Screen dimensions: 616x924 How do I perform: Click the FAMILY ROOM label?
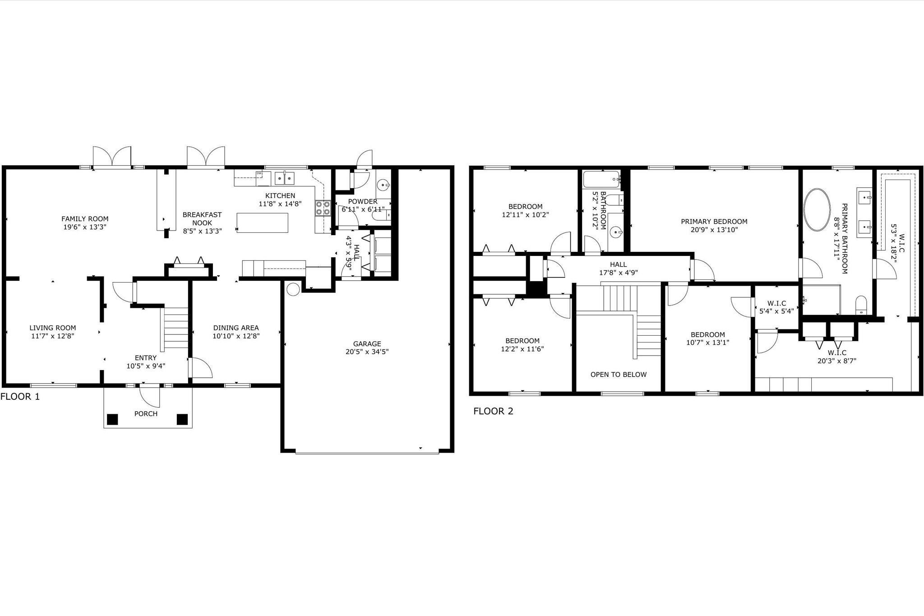click(85, 219)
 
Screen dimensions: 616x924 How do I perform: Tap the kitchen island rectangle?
click(262, 222)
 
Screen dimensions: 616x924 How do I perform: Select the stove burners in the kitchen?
click(323, 208)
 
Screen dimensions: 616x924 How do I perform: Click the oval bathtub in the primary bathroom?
click(817, 210)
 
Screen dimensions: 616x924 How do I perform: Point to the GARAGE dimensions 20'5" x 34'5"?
click(367, 352)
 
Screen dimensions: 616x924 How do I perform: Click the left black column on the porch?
click(112, 419)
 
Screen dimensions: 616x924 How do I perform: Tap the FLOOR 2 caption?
click(493, 411)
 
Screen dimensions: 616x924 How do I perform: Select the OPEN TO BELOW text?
click(618, 375)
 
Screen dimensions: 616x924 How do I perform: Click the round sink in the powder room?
click(383, 185)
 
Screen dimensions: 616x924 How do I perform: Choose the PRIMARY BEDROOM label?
click(714, 222)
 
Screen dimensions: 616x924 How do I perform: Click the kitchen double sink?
click(285, 179)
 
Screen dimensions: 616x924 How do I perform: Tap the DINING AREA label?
click(236, 328)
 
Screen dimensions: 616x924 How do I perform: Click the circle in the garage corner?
click(293, 289)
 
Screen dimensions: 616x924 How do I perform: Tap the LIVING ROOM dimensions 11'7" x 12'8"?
click(53, 336)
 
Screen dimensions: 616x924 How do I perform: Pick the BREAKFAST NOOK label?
click(202, 219)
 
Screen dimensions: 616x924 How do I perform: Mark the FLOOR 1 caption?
click(20, 397)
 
